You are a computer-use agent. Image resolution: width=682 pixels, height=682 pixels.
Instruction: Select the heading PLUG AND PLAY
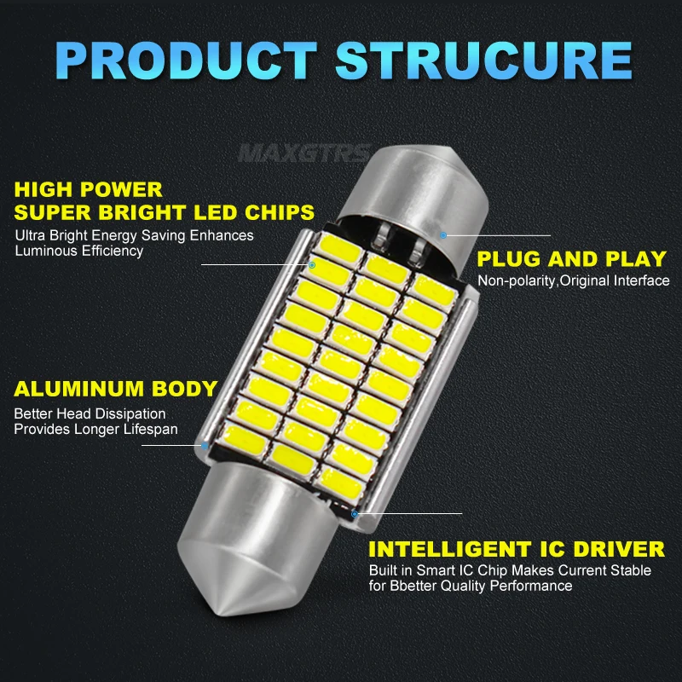(x=571, y=258)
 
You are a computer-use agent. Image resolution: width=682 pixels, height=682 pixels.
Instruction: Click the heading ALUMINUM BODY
(x=116, y=390)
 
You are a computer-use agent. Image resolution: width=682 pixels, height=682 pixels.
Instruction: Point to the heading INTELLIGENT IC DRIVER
(x=517, y=548)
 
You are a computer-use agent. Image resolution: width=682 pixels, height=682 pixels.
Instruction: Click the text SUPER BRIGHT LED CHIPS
(x=165, y=211)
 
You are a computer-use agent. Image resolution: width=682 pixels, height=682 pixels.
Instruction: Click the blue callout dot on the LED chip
(x=312, y=265)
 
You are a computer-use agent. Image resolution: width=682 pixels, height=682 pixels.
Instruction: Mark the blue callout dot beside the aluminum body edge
(x=205, y=444)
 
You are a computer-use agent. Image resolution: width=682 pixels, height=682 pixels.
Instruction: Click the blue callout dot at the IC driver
(x=355, y=513)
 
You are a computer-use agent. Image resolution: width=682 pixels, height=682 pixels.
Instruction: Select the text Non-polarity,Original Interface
(x=573, y=281)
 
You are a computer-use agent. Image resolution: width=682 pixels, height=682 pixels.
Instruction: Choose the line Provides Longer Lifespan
(x=95, y=430)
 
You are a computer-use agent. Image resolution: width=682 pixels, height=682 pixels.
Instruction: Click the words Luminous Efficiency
(x=79, y=251)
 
